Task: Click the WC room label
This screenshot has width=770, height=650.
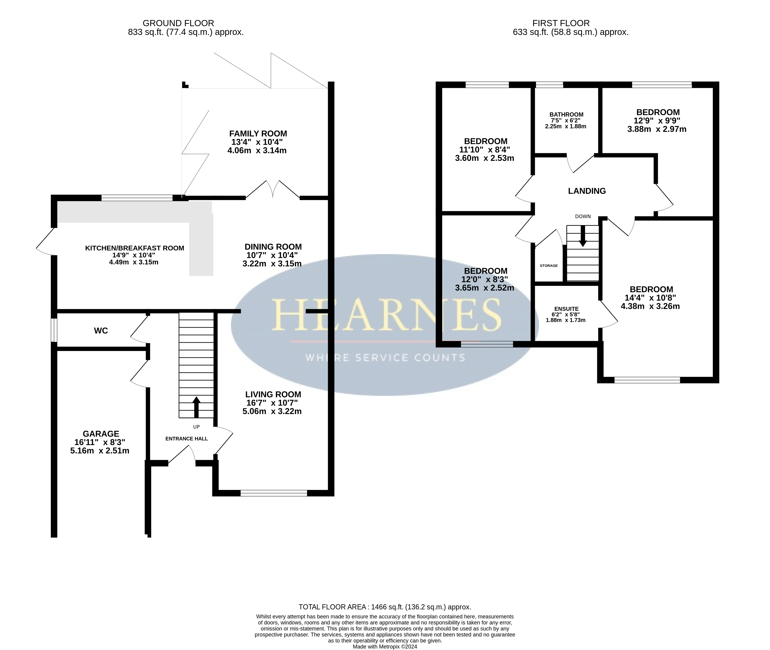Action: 101,331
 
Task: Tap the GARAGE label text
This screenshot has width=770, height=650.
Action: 101,434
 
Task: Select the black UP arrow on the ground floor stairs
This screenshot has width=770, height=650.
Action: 196,407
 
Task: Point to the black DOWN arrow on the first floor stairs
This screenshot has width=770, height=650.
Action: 583,236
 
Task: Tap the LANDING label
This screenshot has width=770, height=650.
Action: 587,191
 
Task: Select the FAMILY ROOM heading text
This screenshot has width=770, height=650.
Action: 258,133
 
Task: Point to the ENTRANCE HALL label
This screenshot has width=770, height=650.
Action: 187,439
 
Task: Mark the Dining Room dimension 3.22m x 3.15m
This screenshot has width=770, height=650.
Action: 272,264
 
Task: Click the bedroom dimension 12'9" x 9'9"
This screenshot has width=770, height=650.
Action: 657,120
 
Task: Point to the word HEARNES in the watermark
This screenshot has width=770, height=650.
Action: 386,314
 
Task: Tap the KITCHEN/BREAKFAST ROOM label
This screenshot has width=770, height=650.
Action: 135,248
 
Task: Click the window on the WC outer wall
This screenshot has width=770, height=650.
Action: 54,330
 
